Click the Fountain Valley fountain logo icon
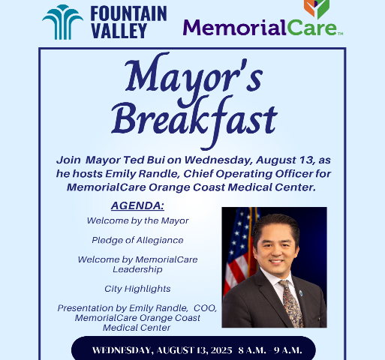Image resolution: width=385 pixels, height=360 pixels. click(62, 22)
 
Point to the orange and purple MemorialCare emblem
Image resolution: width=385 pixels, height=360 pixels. click(316, 8)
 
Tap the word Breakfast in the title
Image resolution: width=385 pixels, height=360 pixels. click(193, 118)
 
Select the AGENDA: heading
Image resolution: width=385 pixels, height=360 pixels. click(137, 205)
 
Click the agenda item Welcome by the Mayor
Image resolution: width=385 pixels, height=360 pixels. click(137, 220)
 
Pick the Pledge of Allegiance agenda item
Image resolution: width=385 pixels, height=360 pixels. click(137, 240)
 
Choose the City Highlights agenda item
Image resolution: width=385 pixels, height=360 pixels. click(137, 288)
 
